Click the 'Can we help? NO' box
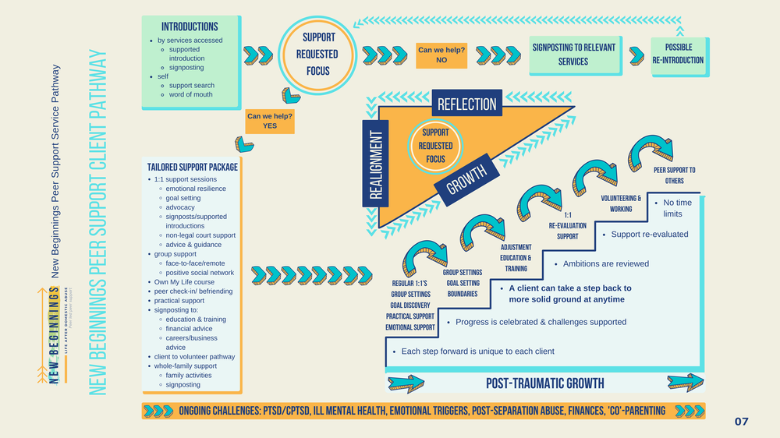click(x=441, y=55)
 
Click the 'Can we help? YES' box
click(x=269, y=121)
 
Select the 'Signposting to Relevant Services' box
click(x=573, y=54)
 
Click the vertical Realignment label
click(x=375, y=164)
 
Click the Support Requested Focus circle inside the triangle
click(x=435, y=146)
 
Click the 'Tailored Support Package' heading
click(x=192, y=167)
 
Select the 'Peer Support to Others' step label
click(x=674, y=175)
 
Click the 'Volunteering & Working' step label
click(x=621, y=203)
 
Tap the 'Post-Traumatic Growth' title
click(x=544, y=383)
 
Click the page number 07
click(x=741, y=422)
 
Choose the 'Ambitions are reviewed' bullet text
click(x=605, y=264)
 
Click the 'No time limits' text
click(x=676, y=208)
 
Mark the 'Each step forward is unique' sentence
click(x=477, y=351)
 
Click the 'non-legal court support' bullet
click(x=200, y=235)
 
